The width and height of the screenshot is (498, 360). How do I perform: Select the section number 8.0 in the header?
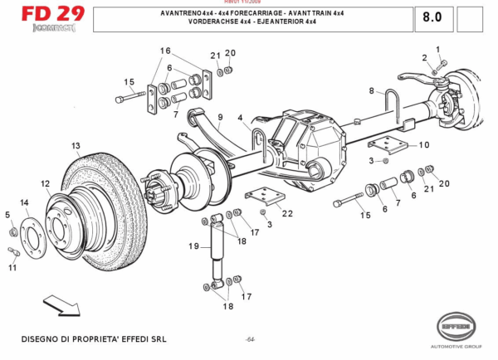pos(432,17)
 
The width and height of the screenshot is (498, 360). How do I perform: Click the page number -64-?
pos(250,340)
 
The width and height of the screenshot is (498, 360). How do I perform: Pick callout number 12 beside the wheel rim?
pos(45,183)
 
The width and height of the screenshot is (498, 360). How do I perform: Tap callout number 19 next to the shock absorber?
pos(193,246)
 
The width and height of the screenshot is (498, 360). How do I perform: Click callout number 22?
pos(287,213)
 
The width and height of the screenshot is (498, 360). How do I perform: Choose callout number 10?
pos(423,144)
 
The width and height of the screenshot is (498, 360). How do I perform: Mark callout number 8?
pos(373,90)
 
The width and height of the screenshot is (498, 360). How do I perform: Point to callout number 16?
pos(165,51)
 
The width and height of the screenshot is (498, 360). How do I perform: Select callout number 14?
pos(24,202)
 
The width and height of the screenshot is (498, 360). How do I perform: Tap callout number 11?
pos(12,267)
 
